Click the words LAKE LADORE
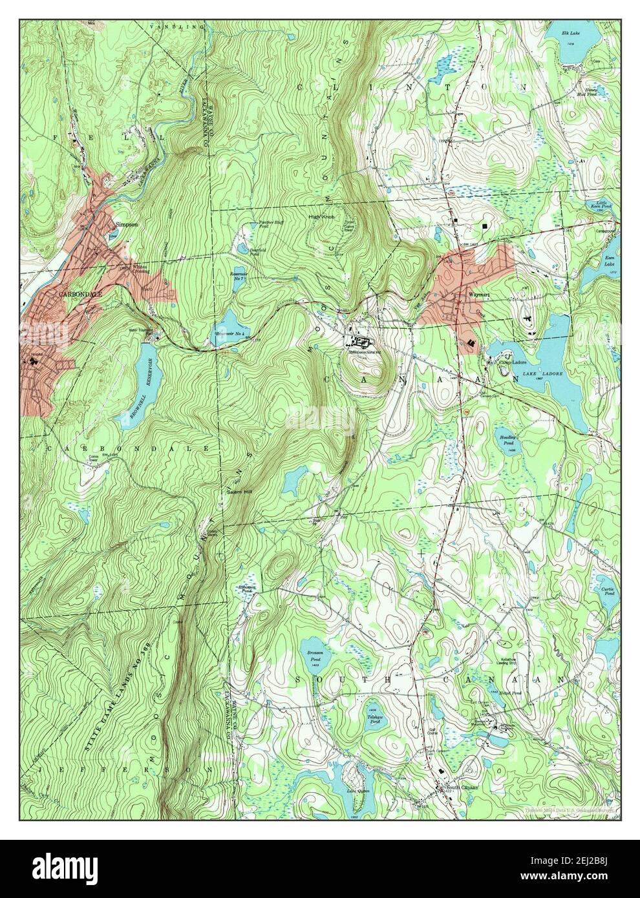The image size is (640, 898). click(x=546, y=374)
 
